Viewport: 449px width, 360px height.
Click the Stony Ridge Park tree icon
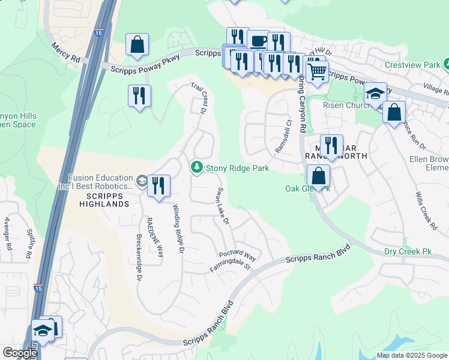coord(196,168)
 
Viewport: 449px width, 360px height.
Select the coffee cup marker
coord(258,41)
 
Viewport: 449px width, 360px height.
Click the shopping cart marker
coord(316,71)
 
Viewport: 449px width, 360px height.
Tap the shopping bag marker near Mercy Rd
coord(137,44)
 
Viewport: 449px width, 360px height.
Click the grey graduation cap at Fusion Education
coord(141,181)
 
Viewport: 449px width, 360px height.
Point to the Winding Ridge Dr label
coord(177,228)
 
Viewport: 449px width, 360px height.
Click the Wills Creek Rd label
coord(426,211)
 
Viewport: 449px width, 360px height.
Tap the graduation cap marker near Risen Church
coord(375,94)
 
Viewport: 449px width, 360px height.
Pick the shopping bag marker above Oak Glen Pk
coord(318,176)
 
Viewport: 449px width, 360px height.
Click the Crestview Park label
coord(411,64)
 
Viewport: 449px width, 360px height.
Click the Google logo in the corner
coord(19,353)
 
